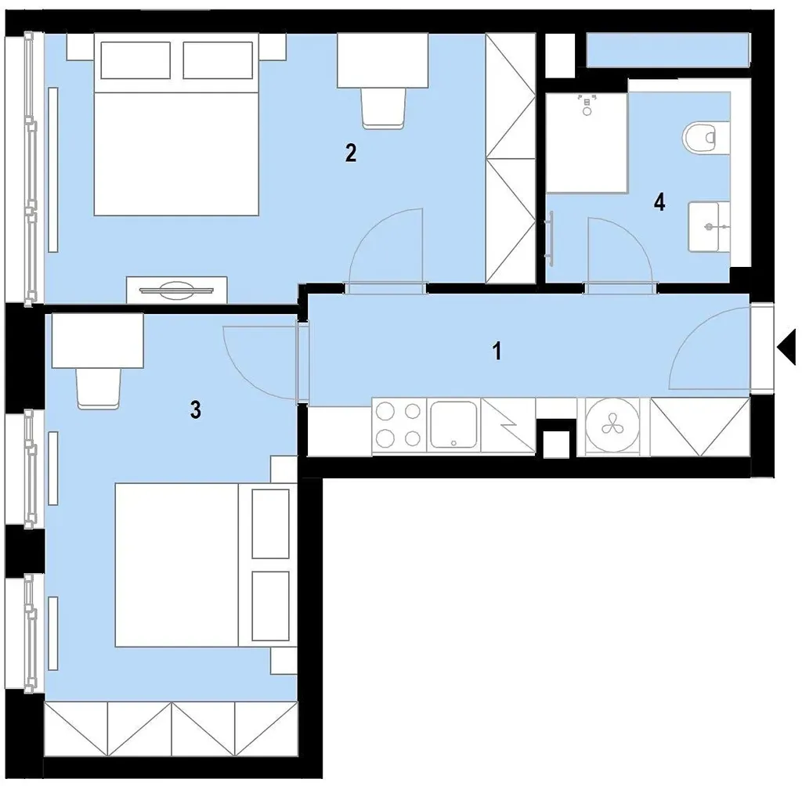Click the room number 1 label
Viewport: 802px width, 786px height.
point(497,351)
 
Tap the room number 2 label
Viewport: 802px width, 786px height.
point(351,153)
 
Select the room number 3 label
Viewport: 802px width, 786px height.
point(195,409)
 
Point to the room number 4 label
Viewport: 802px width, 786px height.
point(659,203)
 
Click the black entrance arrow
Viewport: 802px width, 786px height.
point(786,348)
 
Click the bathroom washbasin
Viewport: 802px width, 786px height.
point(709,226)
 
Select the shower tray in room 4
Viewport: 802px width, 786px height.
point(587,142)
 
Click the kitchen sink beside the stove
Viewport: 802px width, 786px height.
point(453,424)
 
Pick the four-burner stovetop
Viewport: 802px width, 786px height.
point(399,424)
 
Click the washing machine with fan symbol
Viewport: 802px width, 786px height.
point(612,425)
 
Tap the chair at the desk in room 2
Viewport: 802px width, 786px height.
point(384,107)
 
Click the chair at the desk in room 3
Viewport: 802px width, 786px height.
point(99,388)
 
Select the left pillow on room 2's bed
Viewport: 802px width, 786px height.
point(135,60)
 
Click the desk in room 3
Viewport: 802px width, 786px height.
point(98,341)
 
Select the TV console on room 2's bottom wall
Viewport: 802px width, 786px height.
point(177,290)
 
